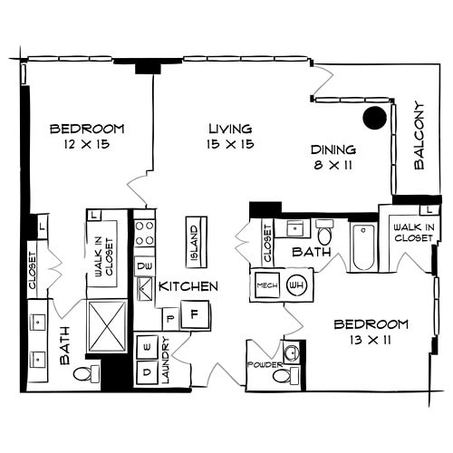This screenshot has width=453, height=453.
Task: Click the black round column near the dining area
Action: [x=371, y=117]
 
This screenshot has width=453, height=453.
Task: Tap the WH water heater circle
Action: [x=295, y=284]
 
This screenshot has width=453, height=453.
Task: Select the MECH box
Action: [x=266, y=284]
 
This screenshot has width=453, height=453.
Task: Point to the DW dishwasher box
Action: [x=144, y=266]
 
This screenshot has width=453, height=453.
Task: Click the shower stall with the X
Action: [x=107, y=324]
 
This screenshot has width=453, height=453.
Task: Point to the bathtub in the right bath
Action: [x=362, y=246]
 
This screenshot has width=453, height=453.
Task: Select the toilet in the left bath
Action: [x=84, y=374]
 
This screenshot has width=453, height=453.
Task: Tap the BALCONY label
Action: [x=419, y=136]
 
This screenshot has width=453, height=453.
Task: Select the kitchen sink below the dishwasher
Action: [x=144, y=290]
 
